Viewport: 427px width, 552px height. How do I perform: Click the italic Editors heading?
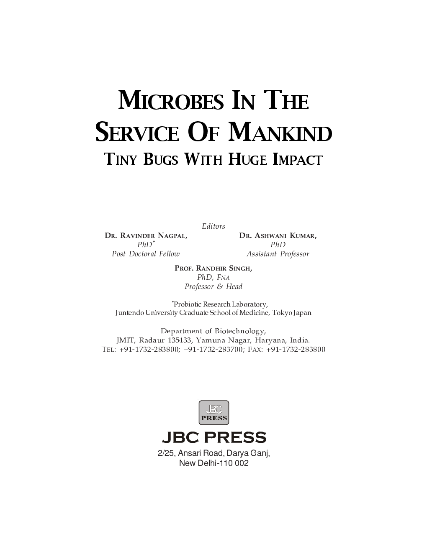[213, 226]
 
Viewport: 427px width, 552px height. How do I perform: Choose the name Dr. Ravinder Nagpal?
[146, 236]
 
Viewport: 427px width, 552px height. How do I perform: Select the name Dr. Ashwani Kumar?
[278, 236]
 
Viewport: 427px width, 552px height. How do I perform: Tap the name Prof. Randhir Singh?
[213, 268]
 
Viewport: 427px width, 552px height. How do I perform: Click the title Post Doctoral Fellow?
[146, 254]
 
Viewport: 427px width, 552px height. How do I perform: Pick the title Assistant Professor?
[278, 254]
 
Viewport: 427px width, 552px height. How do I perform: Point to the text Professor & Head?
[213, 286]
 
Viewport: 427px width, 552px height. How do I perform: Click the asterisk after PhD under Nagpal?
[154, 242]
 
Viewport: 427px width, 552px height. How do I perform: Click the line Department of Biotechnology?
[213, 331]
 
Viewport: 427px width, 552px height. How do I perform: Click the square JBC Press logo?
[213, 413]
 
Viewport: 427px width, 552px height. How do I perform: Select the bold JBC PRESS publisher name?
[213, 438]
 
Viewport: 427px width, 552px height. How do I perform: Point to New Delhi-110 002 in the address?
[213, 463]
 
